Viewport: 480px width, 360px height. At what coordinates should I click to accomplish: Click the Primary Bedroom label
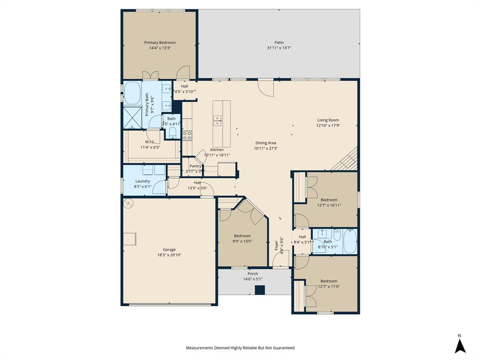pyautogui.click(x=160, y=43)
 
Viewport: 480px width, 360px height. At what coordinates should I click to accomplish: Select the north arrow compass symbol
pyautogui.click(x=460, y=345)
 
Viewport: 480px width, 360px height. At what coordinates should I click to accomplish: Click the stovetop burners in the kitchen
pyautogui.click(x=187, y=135)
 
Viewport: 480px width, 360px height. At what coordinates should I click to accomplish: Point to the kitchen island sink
pyautogui.click(x=217, y=120)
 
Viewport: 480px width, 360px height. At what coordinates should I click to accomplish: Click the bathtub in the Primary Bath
pyautogui.click(x=132, y=93)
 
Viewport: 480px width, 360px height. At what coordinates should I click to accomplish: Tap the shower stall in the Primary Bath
pyautogui.click(x=132, y=117)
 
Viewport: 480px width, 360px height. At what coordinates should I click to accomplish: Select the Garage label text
pyautogui.click(x=169, y=250)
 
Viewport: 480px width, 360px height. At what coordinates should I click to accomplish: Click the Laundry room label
pyautogui.click(x=142, y=181)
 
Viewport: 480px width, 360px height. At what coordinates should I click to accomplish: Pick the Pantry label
pyautogui.click(x=195, y=166)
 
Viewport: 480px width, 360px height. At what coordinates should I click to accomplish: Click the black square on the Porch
pyautogui.click(x=260, y=290)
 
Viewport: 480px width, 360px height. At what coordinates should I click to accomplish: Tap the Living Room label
pyautogui.click(x=328, y=120)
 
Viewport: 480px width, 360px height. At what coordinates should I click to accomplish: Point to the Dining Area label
pyautogui.click(x=265, y=143)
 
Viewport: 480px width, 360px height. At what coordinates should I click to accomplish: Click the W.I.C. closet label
pyautogui.click(x=150, y=142)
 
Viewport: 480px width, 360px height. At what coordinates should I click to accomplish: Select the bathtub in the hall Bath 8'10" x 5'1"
pyautogui.click(x=350, y=241)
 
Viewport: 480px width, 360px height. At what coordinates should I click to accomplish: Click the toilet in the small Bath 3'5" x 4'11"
pyautogui.click(x=172, y=133)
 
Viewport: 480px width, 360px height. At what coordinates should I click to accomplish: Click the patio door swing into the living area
pyautogui.click(x=266, y=88)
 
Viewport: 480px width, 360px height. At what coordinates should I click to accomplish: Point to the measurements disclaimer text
pyautogui.click(x=240, y=348)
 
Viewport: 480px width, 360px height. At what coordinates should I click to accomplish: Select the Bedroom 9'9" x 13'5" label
pyautogui.click(x=242, y=236)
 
